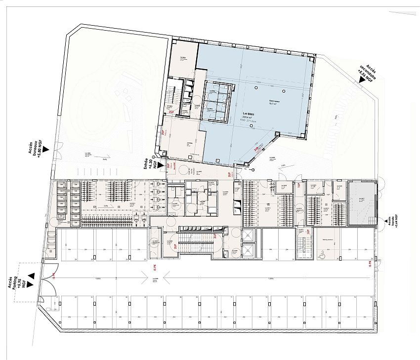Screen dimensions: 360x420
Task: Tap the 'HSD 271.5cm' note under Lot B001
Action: (247, 120)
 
